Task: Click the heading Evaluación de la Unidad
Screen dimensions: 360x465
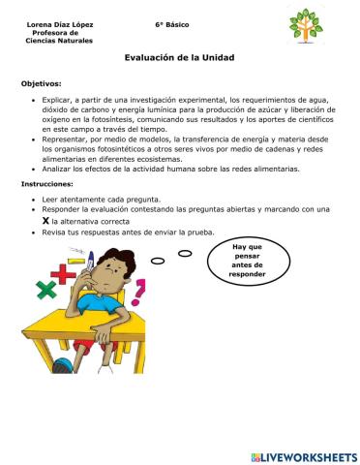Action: pos(179,58)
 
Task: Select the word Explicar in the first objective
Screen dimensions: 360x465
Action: pos(60,100)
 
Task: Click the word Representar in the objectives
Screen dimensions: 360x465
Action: pos(67,139)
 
